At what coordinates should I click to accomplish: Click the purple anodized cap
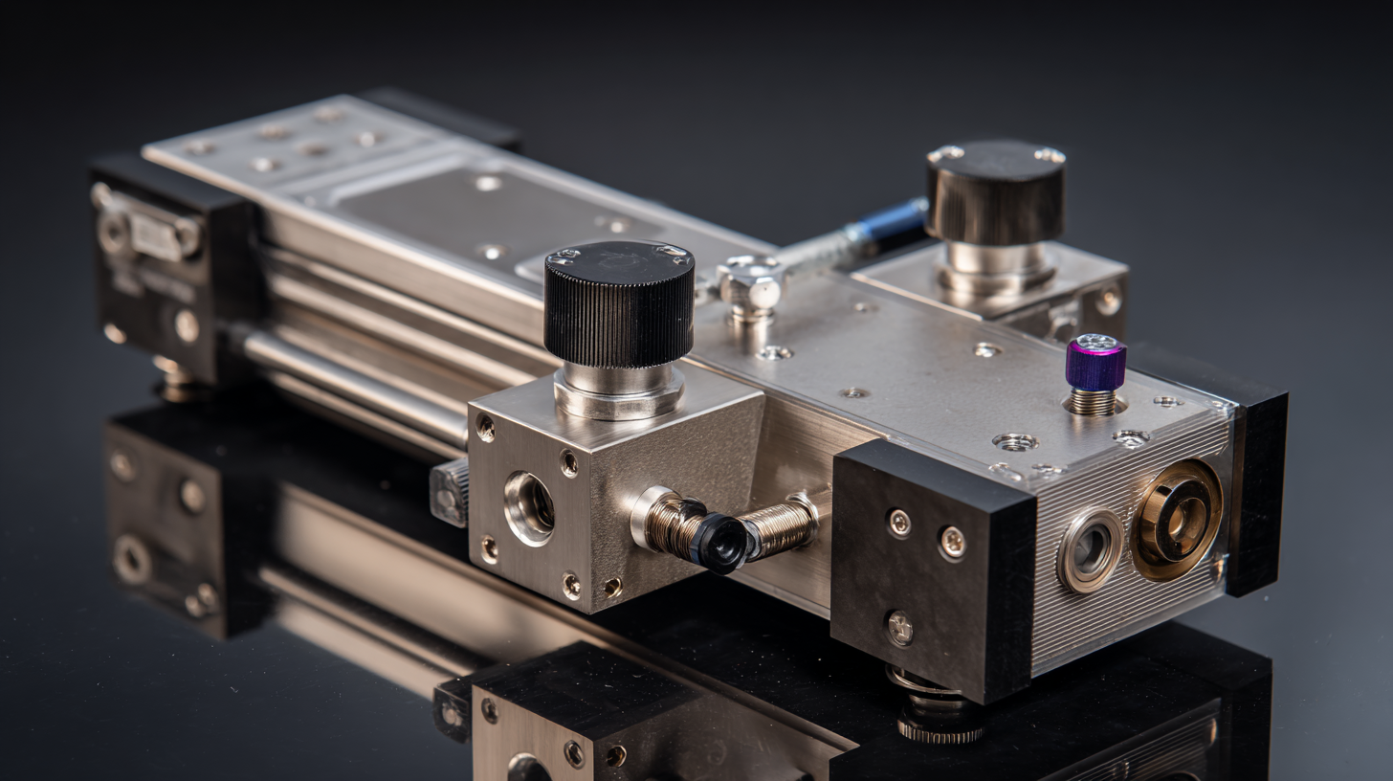click(1095, 363)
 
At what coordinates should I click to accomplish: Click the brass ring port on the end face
click(1176, 519)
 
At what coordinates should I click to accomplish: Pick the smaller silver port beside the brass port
click(1090, 549)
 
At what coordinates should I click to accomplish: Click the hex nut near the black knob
click(751, 284)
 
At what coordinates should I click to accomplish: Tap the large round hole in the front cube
click(529, 507)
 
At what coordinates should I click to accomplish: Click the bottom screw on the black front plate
click(899, 628)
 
